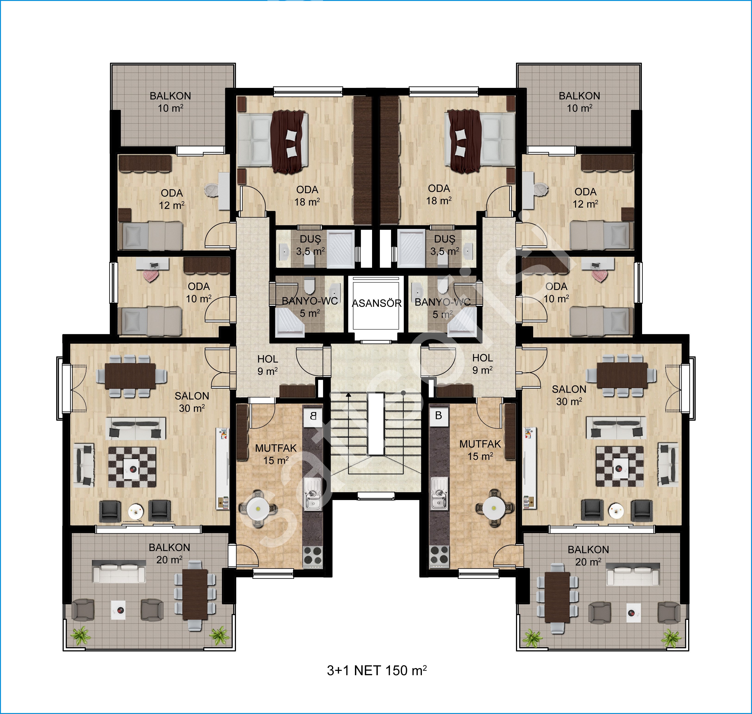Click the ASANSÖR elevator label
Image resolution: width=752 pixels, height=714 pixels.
pyautogui.click(x=376, y=303)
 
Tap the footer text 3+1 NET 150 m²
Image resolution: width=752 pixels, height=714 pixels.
pyautogui.click(x=376, y=670)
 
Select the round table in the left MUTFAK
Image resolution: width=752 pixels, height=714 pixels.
pyautogui.click(x=258, y=508)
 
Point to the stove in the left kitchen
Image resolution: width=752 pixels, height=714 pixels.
pyautogui.click(x=313, y=557)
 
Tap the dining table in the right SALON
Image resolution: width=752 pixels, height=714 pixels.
pyautogui.click(x=622, y=375)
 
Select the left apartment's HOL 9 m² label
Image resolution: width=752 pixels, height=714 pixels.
pyautogui.click(x=268, y=365)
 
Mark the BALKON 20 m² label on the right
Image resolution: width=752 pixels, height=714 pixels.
pyautogui.click(x=588, y=555)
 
